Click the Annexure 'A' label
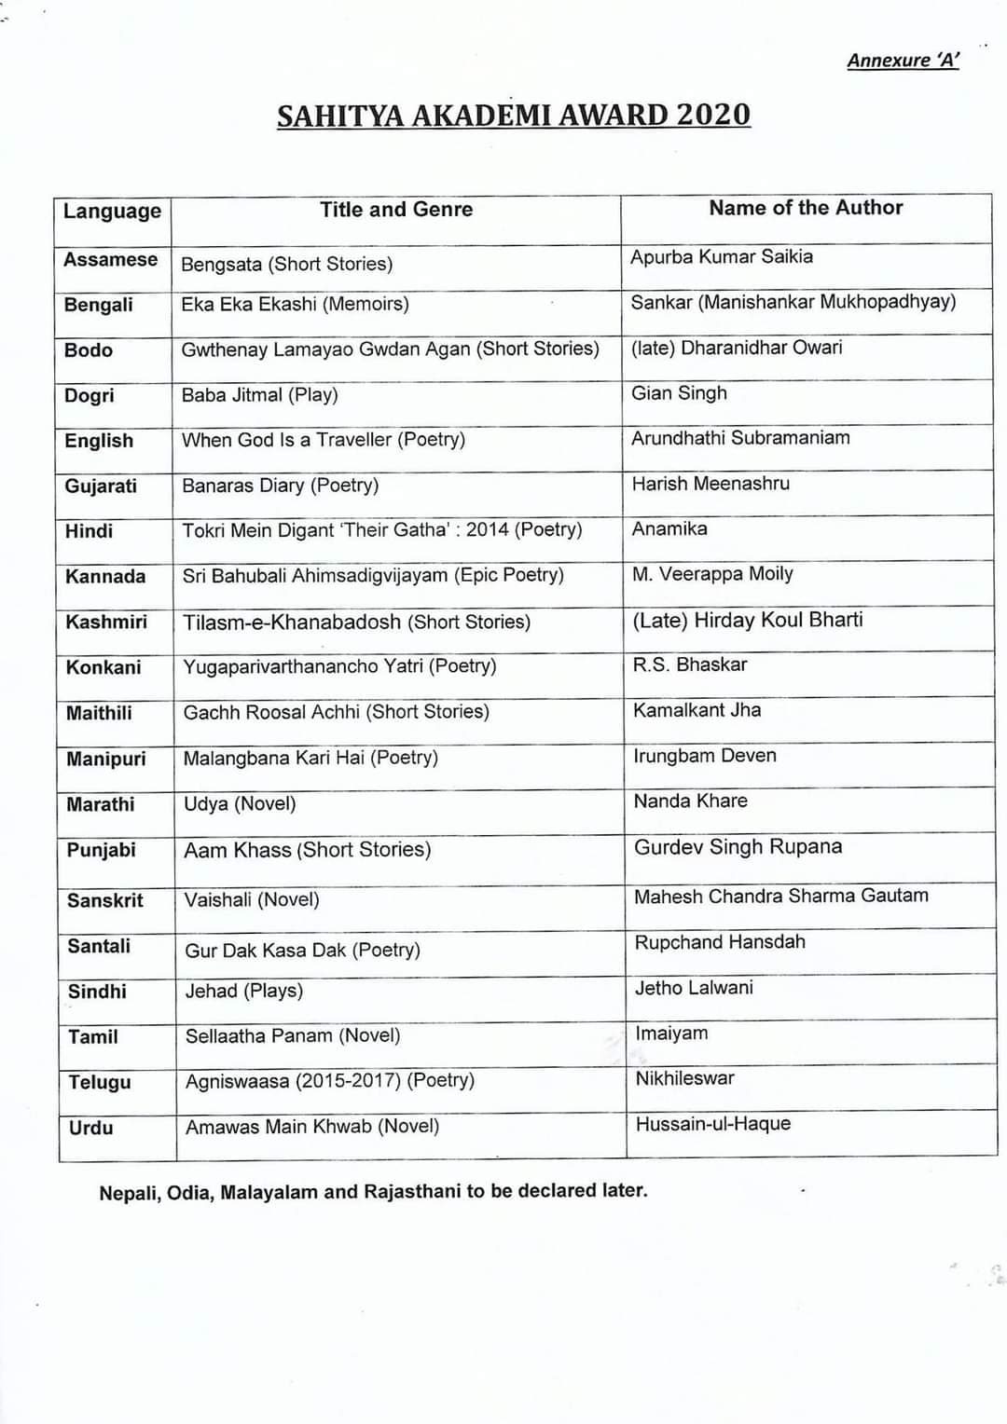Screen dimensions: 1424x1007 pyautogui.click(x=903, y=61)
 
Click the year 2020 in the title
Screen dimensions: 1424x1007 pyautogui.click(x=713, y=115)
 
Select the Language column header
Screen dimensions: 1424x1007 pyautogui.click(x=112, y=212)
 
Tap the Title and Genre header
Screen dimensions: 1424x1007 pyautogui.click(x=396, y=210)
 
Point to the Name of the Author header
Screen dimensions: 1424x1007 pyautogui.click(x=806, y=208)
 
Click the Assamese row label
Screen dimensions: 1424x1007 pyautogui.click(x=110, y=260)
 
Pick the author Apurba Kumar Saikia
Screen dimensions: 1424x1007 pyautogui.click(x=722, y=257)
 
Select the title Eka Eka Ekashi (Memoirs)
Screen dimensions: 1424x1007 pyautogui.click(x=295, y=304)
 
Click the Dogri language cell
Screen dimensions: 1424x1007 pyautogui.click(x=90, y=395)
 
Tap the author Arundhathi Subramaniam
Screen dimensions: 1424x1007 pyautogui.click(x=740, y=438)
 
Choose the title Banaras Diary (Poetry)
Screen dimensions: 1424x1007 pyautogui.click(x=280, y=486)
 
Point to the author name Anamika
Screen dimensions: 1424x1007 pyautogui.click(x=669, y=529)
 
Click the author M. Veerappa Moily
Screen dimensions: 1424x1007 pyautogui.click(x=712, y=574)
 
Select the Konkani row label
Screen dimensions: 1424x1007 pyautogui.click(x=103, y=667)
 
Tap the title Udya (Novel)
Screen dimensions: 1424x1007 pyautogui.click(x=240, y=803)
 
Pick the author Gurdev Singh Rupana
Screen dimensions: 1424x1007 pyautogui.click(x=738, y=847)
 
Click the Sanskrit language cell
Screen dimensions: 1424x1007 pyautogui.click(x=105, y=900)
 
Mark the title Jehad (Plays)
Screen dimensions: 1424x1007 pyautogui.click(x=244, y=991)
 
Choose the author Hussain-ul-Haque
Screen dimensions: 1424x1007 pyautogui.click(x=713, y=1124)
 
